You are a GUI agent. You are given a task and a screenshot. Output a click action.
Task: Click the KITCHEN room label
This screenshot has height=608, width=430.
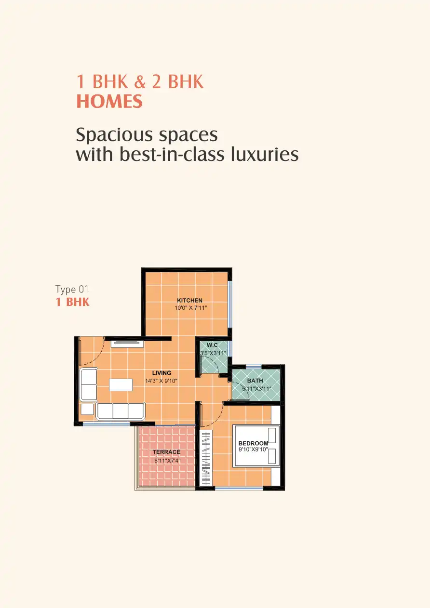pyautogui.click(x=189, y=301)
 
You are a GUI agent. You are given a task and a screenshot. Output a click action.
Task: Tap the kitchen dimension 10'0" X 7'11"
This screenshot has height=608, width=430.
pyautogui.click(x=191, y=308)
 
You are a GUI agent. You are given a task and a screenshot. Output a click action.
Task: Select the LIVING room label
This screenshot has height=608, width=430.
pyautogui.click(x=161, y=373)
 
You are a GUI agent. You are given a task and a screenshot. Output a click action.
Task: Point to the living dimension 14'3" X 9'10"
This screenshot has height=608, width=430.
pyautogui.click(x=161, y=381)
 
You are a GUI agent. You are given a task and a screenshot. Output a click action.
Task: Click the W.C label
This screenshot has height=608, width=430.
pyautogui.click(x=212, y=345)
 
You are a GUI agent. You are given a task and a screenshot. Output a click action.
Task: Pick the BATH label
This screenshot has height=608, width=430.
pyautogui.click(x=255, y=381)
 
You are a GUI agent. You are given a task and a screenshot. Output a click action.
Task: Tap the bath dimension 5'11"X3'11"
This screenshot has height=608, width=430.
pyautogui.click(x=256, y=388)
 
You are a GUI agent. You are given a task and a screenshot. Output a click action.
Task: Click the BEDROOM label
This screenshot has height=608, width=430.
pyautogui.click(x=254, y=443)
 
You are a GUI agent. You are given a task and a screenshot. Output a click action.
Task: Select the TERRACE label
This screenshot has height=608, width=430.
pyautogui.click(x=166, y=452)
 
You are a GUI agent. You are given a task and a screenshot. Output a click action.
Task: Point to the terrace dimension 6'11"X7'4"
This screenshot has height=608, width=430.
pyautogui.click(x=167, y=461)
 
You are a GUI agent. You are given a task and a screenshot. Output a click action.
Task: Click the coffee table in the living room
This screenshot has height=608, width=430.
pyautogui.click(x=121, y=385)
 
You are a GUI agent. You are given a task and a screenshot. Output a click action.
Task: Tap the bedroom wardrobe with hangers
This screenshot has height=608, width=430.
pyautogui.click(x=206, y=458)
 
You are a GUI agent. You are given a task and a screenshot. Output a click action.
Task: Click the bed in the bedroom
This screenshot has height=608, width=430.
pyautogui.click(x=256, y=446)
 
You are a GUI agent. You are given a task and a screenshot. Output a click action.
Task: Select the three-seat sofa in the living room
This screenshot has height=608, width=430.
pyautogui.click(x=121, y=411)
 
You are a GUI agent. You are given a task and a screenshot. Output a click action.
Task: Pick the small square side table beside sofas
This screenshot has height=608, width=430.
pyautogui.click(x=87, y=410)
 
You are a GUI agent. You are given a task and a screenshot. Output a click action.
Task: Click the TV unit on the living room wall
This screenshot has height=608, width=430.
pyautogui.click(x=127, y=344)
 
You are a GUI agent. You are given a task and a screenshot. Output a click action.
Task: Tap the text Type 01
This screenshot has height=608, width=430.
pyautogui.click(x=72, y=290)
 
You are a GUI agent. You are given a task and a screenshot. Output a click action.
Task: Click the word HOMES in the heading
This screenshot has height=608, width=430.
pyautogui.click(x=109, y=101)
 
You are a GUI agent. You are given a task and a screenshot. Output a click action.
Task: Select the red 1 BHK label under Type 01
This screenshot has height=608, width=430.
pyautogui.click(x=72, y=302)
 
